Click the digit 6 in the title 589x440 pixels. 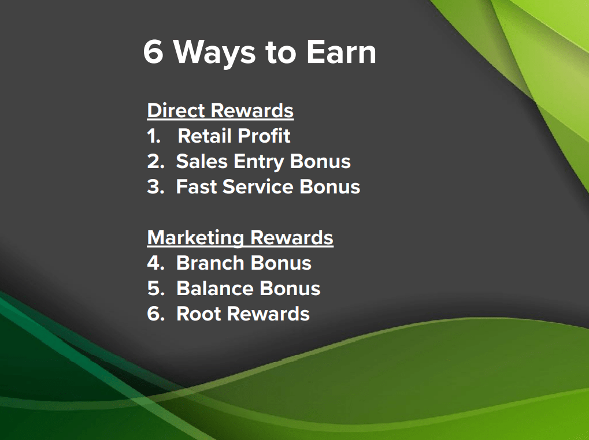[153, 52]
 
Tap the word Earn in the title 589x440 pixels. [341, 52]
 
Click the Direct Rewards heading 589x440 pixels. [220, 111]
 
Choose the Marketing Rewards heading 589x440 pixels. [240, 238]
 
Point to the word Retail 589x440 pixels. [202, 136]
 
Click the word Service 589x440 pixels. [258, 187]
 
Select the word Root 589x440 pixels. [199, 314]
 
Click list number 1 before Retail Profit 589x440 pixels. [154, 136]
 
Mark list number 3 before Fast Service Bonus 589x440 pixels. [155, 187]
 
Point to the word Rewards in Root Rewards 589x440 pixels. [269, 314]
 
